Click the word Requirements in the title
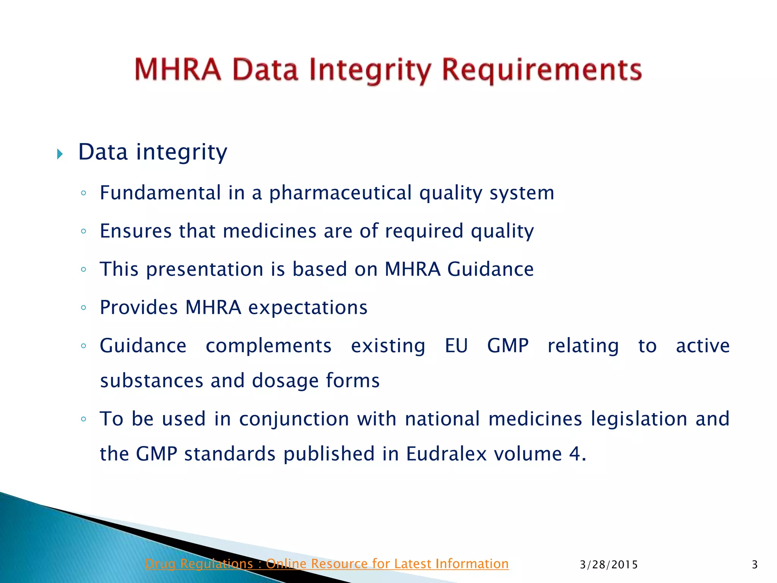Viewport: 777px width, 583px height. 542,70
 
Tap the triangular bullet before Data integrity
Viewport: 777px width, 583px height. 60,154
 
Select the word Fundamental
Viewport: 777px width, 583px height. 160,193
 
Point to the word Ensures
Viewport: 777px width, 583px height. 136,231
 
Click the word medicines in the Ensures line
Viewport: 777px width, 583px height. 269,231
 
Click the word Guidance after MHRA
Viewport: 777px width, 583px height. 490,269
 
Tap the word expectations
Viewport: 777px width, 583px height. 308,308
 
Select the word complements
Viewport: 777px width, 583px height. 269,346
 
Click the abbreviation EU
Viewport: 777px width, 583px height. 456,346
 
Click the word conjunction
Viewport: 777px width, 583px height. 294,419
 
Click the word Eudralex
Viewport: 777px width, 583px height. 446,454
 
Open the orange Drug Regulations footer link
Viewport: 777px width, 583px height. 327,564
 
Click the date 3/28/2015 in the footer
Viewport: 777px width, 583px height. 609,565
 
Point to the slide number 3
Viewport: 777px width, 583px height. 754,565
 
